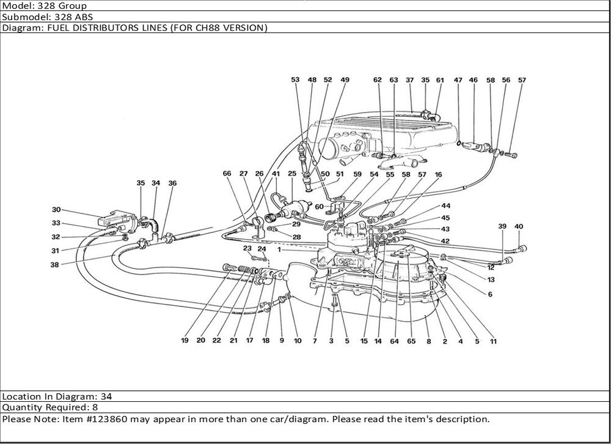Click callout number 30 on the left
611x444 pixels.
56,209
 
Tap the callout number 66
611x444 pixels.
227,174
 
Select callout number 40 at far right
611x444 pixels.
519,226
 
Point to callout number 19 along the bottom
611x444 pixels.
184,341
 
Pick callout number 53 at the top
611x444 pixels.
295,80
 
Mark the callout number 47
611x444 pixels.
458,80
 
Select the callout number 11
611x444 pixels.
492,342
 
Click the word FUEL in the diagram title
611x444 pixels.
56,28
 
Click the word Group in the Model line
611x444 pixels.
72,6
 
